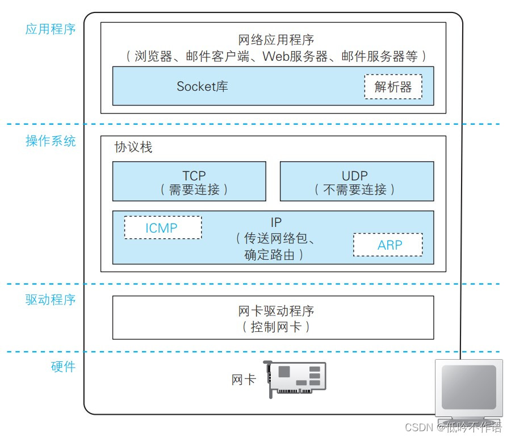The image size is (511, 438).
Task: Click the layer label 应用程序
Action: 51,29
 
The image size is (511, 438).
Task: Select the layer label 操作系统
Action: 51,141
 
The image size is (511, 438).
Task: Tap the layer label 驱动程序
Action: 51,300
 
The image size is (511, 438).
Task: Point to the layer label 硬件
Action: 63,367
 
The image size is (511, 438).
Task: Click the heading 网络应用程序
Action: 276,40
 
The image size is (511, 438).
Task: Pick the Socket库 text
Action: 202,86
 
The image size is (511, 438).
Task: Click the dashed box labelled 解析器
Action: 393,87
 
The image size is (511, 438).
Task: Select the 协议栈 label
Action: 133,148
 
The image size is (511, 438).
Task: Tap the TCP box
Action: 189,182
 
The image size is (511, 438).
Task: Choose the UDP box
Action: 357,182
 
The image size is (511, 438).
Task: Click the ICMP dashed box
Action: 163,228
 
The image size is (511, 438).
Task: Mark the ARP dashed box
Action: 388,245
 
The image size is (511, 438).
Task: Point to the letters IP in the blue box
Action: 276,222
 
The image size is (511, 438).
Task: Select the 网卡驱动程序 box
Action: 273,317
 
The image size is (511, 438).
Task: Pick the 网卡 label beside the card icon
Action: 244,380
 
